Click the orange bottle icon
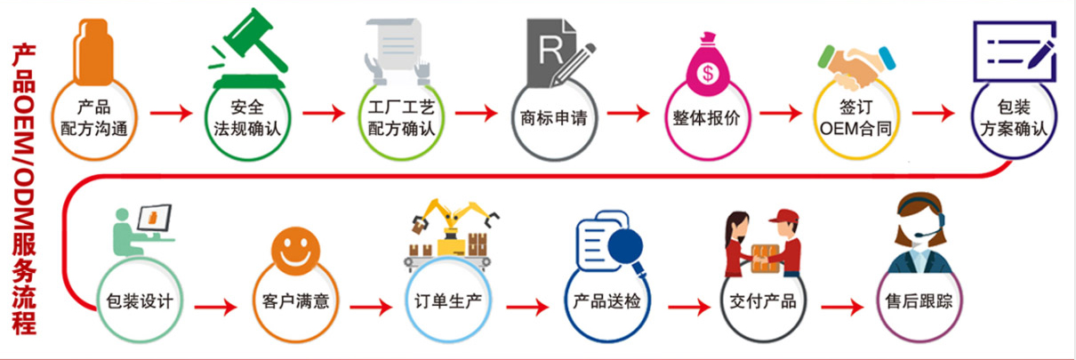pos(93,52)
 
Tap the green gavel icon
pos(249,48)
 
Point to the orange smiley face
pos(295,252)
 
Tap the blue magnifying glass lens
pos(625,245)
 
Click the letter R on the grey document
pos(550,50)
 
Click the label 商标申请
pos(554,118)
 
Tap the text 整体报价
pos(706,118)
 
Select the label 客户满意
pos(295,301)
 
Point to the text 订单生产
pos(448,301)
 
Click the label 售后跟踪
pos(919,301)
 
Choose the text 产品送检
pos(606,301)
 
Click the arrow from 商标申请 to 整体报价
pos(629,113)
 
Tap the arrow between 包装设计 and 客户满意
pos(216,307)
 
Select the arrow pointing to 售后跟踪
pos(842,307)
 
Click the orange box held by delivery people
pos(765,259)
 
